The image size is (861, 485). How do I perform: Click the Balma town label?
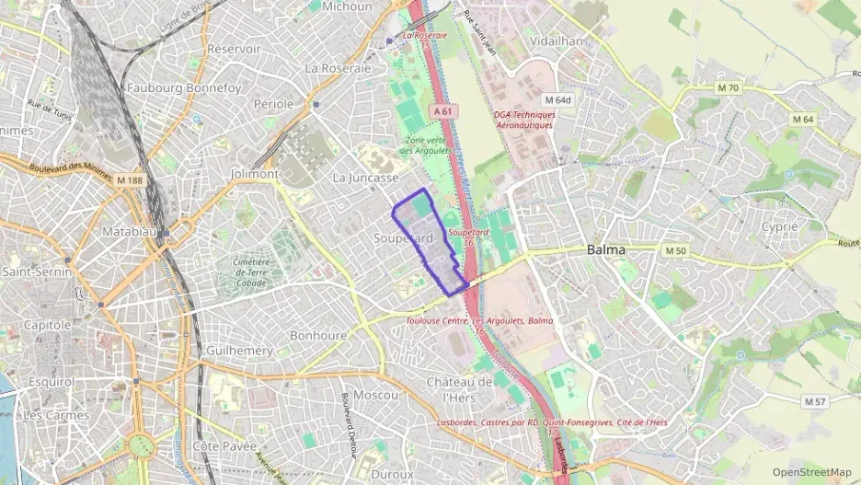(x=605, y=249)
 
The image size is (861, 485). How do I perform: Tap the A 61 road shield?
(x=443, y=110)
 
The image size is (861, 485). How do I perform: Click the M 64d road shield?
(x=557, y=99)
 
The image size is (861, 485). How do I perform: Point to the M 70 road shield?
(x=727, y=88)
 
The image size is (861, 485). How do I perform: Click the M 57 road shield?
(x=815, y=401)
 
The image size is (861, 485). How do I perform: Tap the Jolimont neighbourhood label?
(x=255, y=173)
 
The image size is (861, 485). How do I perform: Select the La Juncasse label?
(x=365, y=177)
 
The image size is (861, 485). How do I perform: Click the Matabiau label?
(x=129, y=231)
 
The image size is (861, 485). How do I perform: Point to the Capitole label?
(x=47, y=325)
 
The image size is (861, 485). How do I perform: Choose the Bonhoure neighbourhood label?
(x=318, y=336)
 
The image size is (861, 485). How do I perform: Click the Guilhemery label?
(x=240, y=351)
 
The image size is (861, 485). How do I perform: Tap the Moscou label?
(x=375, y=395)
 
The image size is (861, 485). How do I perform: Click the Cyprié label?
(x=779, y=226)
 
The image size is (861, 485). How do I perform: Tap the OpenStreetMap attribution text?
(x=812, y=472)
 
